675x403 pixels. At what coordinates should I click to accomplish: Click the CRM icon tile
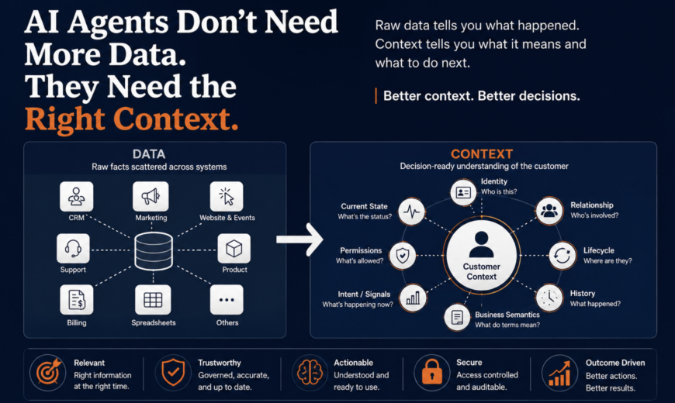(76, 197)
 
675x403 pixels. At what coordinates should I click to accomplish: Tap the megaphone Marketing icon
(151, 197)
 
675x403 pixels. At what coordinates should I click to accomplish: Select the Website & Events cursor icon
(227, 197)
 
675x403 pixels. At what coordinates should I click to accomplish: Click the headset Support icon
(73, 248)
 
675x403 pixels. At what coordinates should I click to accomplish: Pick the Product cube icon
(234, 248)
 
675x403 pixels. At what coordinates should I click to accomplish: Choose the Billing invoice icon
(77, 300)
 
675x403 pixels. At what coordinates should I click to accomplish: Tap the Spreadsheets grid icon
(153, 300)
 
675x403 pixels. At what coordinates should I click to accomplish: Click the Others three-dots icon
(227, 300)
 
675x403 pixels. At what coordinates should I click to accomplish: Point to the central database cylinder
(154, 251)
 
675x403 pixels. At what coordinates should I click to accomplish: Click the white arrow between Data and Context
(299, 239)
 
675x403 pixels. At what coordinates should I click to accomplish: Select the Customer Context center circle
(482, 256)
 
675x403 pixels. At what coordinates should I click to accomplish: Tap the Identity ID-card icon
(463, 192)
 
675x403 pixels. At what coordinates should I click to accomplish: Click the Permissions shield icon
(403, 256)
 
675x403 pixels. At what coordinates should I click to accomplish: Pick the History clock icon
(549, 297)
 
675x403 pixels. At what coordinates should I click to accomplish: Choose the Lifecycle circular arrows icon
(562, 256)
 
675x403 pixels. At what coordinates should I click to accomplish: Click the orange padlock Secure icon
(432, 373)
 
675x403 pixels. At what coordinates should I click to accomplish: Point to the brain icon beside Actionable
(310, 373)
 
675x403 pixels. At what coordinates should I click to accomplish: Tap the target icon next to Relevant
(48, 373)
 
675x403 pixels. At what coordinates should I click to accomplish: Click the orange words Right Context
(131, 119)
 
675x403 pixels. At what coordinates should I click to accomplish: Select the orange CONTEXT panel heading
(482, 154)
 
